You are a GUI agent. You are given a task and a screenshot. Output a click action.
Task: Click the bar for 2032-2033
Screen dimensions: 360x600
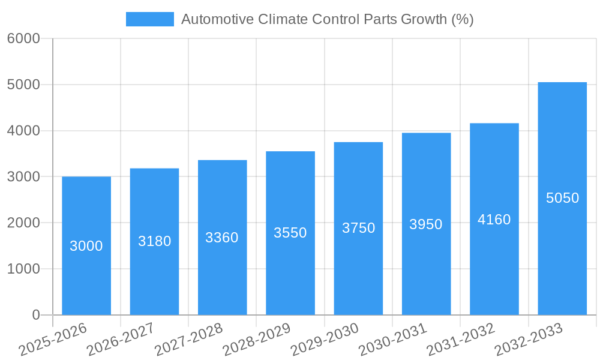coord(562,252)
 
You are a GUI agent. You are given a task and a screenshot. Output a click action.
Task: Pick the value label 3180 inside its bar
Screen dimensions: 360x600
coord(155,241)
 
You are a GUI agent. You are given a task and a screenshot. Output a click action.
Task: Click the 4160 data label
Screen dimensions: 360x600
coord(494,220)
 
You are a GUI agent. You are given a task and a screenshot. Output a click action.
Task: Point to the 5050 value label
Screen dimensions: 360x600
coord(562,198)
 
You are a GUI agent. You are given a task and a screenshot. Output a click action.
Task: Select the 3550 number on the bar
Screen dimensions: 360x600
coord(290,233)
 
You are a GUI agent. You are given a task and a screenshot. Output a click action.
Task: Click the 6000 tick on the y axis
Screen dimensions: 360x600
coord(23,39)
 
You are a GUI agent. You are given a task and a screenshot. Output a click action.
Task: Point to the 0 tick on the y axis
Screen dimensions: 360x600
coord(35,315)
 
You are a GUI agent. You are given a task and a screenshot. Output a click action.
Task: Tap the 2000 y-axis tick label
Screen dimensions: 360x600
coord(23,223)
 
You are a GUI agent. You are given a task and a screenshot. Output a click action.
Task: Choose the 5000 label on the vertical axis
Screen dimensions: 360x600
coord(23,85)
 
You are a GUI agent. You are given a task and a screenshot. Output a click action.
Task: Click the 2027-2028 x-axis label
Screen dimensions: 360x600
coord(188,339)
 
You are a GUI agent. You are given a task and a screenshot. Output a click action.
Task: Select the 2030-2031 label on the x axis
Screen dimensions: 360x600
coord(392,339)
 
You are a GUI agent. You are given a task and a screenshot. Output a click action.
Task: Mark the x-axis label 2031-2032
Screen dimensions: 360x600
coord(460,339)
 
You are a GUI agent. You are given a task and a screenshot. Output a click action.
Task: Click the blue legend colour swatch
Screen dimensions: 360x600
coord(149,19)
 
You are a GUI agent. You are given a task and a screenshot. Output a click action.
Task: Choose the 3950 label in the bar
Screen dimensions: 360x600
coord(426,224)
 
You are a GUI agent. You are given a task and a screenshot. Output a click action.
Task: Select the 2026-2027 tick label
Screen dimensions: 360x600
coord(121,339)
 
